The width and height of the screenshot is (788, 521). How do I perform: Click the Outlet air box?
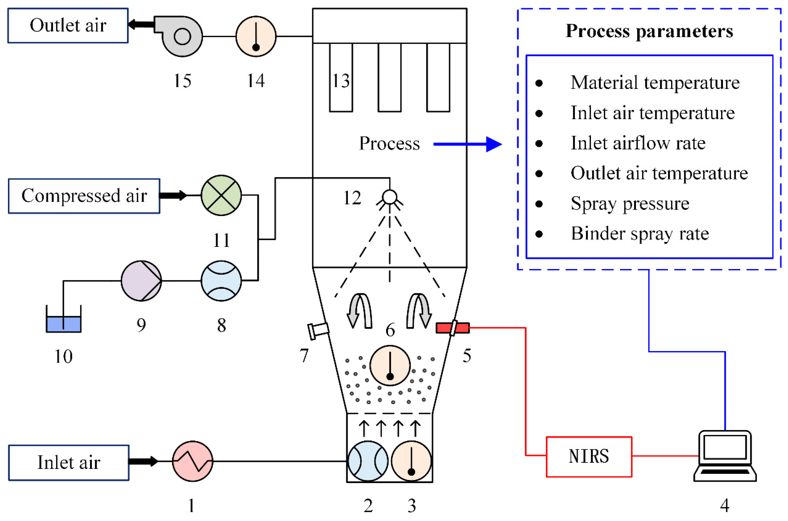[68, 26]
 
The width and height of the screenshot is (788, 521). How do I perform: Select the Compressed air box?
[84, 196]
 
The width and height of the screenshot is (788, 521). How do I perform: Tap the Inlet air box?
[68, 463]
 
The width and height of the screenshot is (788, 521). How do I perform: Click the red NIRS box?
[588, 456]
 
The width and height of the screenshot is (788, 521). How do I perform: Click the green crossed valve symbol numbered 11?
[221, 195]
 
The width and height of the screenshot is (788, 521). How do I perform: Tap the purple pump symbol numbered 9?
[141, 281]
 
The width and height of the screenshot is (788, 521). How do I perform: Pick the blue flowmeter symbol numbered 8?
[221, 281]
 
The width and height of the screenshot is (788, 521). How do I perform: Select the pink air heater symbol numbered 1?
[192, 461]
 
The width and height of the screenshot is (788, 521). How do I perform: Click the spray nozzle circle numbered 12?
[390, 197]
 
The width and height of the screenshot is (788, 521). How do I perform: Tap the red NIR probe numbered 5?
[452, 328]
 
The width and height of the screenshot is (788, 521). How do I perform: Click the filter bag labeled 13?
[341, 78]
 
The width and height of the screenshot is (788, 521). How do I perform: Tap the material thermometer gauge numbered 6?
[390, 365]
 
